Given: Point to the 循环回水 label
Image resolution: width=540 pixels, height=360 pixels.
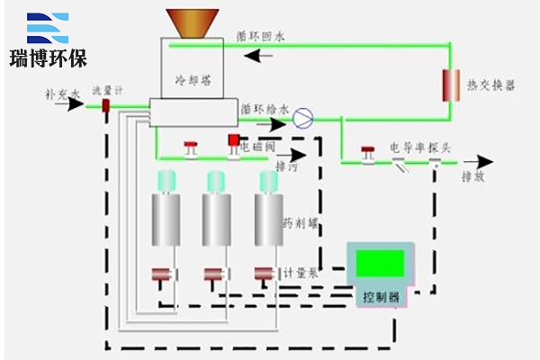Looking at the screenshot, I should (260, 37).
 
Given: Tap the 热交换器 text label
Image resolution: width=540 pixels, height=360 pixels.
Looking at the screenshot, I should (490, 85).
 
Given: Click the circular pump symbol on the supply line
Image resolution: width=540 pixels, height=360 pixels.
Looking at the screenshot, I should (304, 116).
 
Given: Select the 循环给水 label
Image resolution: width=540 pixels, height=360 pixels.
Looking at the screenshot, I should (264, 109).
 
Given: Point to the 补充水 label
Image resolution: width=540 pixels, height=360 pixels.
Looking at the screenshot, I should (63, 92).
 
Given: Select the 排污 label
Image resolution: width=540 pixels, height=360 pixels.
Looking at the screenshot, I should (285, 166).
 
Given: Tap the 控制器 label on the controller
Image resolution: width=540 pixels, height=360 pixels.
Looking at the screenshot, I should (378, 295).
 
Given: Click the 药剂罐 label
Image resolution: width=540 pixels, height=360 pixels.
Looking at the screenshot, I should (299, 221).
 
